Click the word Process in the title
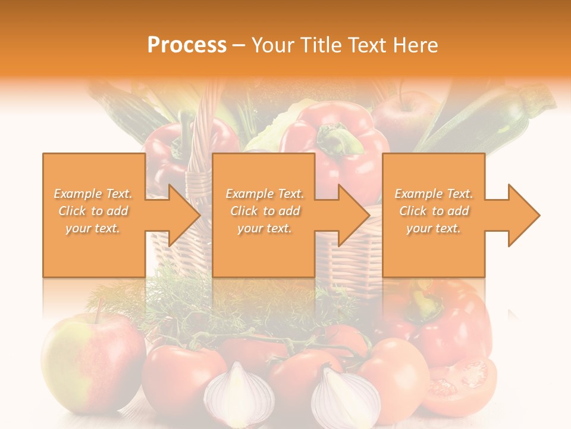[x=187, y=45]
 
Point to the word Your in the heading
[x=274, y=45]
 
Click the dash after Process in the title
[x=239, y=46]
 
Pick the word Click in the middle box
[x=244, y=211]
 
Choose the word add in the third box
[x=459, y=211]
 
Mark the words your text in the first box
[x=92, y=228]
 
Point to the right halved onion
[x=345, y=396]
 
